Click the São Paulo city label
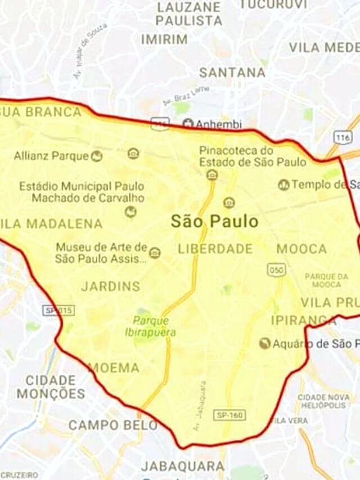point(214,221)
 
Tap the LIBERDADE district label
point(215,248)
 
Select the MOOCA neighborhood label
point(301,249)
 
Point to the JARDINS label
point(111,286)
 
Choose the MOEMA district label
point(114,368)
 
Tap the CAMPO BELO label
point(113,425)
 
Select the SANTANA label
point(232,73)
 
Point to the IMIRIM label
point(164,39)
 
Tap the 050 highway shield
point(277,270)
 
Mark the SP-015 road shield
point(58,310)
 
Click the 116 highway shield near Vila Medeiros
point(343,137)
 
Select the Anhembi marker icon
point(188,124)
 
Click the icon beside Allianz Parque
point(97,156)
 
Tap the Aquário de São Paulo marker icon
point(264,343)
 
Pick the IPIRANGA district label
point(303,320)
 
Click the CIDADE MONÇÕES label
point(51,387)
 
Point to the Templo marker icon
point(284,185)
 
